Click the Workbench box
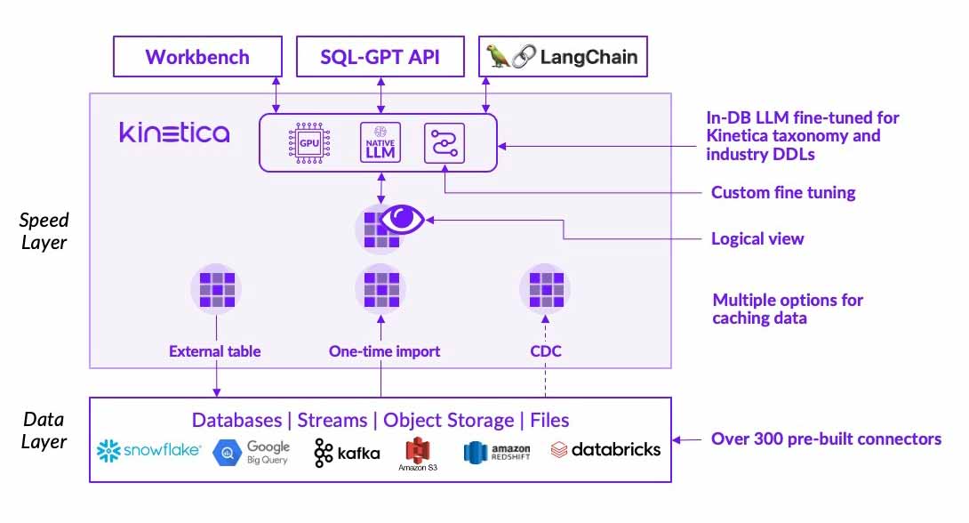tap(197, 57)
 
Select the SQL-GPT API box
tap(380, 57)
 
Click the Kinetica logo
tap(174, 133)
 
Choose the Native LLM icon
tap(380, 142)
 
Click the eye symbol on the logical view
tap(403, 218)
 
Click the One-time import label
tap(383, 351)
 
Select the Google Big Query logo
tap(252, 453)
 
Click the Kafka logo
tap(347, 453)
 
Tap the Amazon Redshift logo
tap(497, 452)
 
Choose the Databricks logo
tap(605, 450)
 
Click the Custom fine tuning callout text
tap(783, 192)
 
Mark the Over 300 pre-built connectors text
tap(826, 439)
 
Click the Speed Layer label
tap(44, 229)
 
